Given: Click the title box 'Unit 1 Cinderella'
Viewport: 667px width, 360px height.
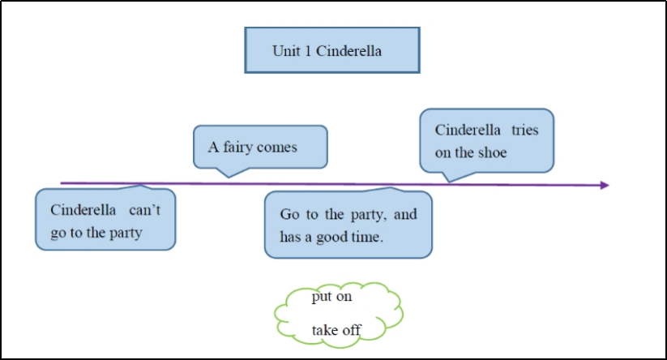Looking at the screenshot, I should point(331,50).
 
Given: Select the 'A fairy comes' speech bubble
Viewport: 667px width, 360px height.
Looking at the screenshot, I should point(259,147).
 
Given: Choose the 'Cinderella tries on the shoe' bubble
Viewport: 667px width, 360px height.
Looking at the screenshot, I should point(486,140).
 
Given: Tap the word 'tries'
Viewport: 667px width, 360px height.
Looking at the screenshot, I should point(526,130).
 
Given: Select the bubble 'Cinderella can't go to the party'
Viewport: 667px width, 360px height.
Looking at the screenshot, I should point(105,220).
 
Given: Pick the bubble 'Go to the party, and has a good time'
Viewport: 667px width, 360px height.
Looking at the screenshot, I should point(348,225).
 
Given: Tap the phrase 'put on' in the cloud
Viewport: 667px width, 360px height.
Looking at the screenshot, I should point(331,298).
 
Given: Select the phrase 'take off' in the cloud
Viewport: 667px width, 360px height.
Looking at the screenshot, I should point(336,329).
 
